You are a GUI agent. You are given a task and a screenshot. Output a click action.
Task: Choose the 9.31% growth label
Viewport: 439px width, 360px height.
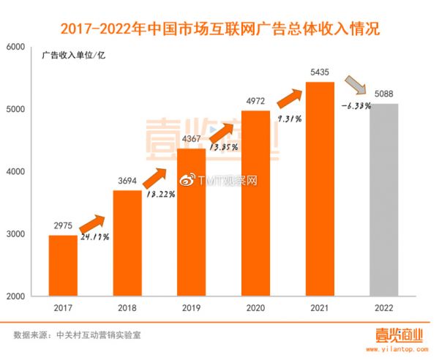pos(292,119)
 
